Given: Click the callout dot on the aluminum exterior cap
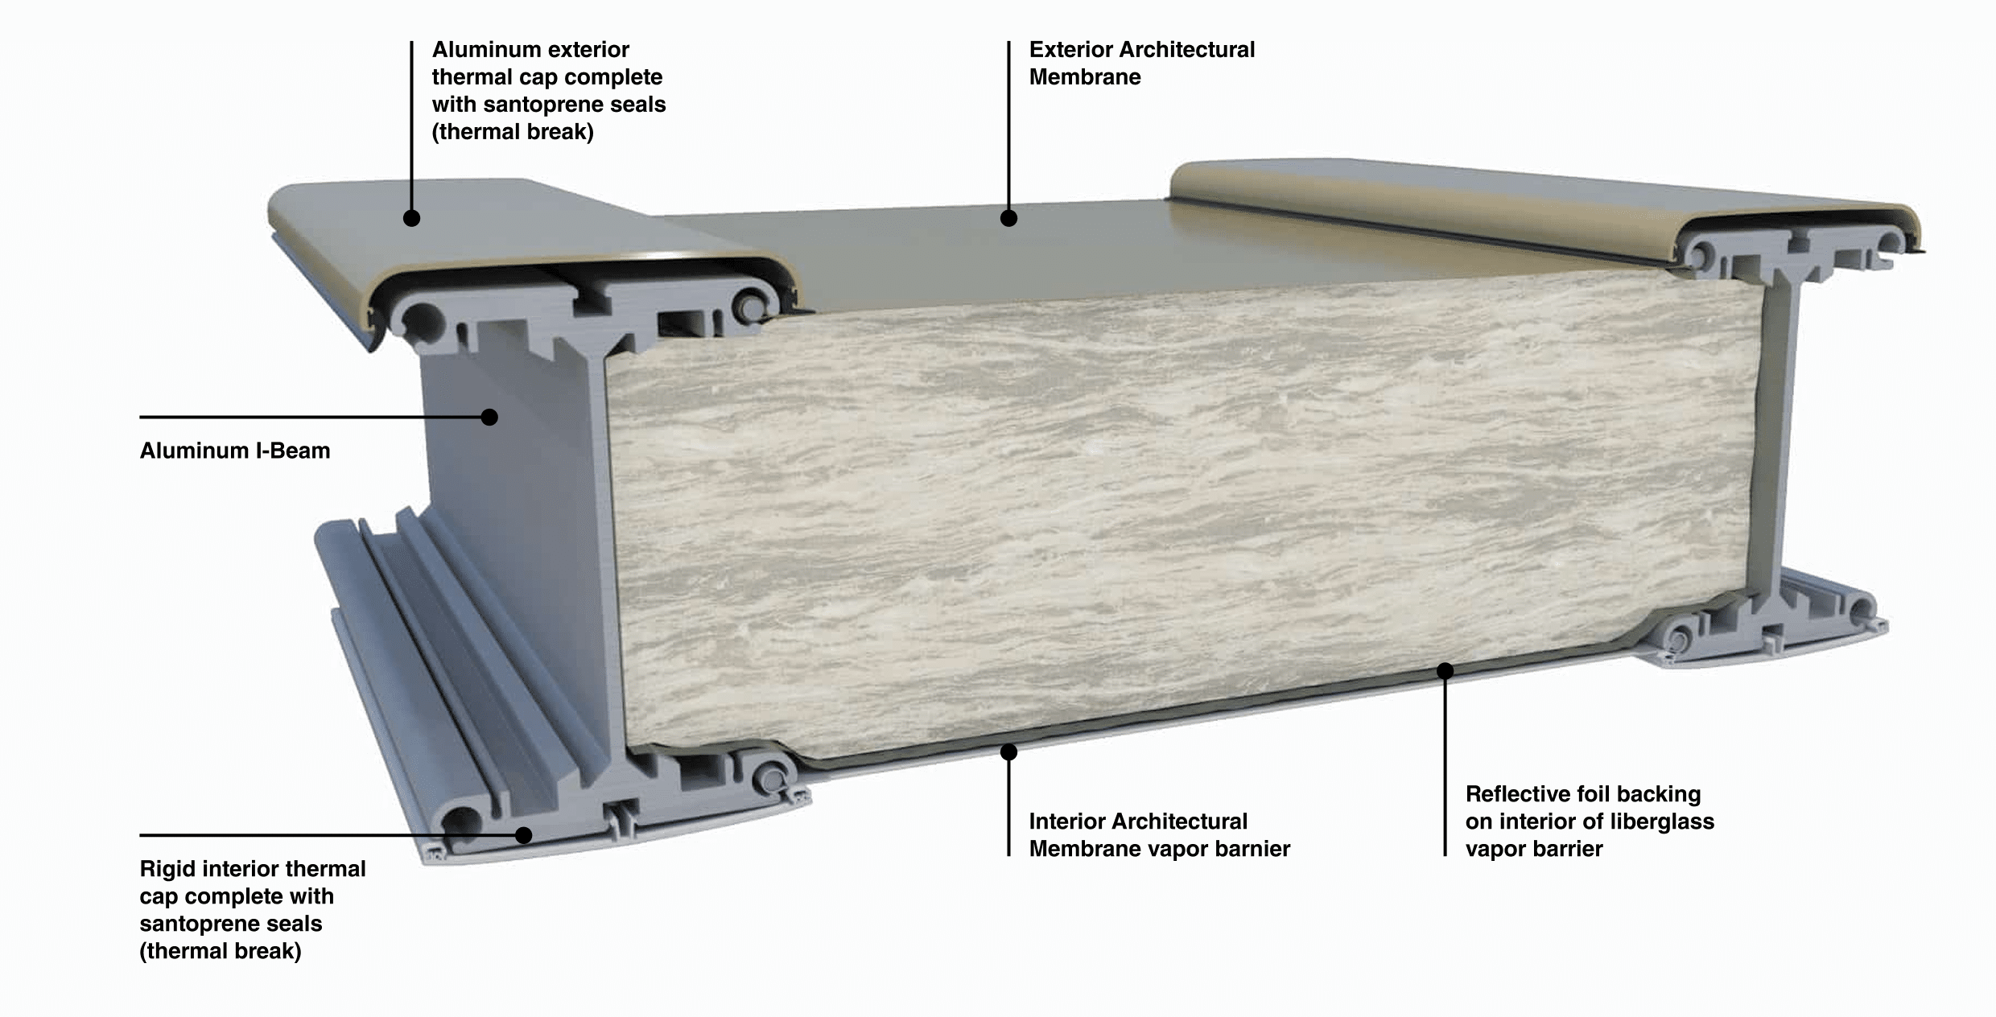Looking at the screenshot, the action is tap(411, 218).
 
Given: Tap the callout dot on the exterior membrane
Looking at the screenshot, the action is tap(1008, 218).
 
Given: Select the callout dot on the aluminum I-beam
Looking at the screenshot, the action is tap(489, 417).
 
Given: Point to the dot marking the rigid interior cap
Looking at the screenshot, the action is tap(524, 835).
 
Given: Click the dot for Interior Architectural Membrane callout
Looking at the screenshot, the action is tap(1008, 752).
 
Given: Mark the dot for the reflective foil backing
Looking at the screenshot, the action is tap(1445, 670).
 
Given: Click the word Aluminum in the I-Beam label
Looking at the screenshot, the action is tap(195, 451).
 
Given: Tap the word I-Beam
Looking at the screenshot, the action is tap(293, 451).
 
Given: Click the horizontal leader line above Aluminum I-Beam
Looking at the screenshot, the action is tap(315, 417).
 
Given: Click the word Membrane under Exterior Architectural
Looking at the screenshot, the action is tap(1085, 77).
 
